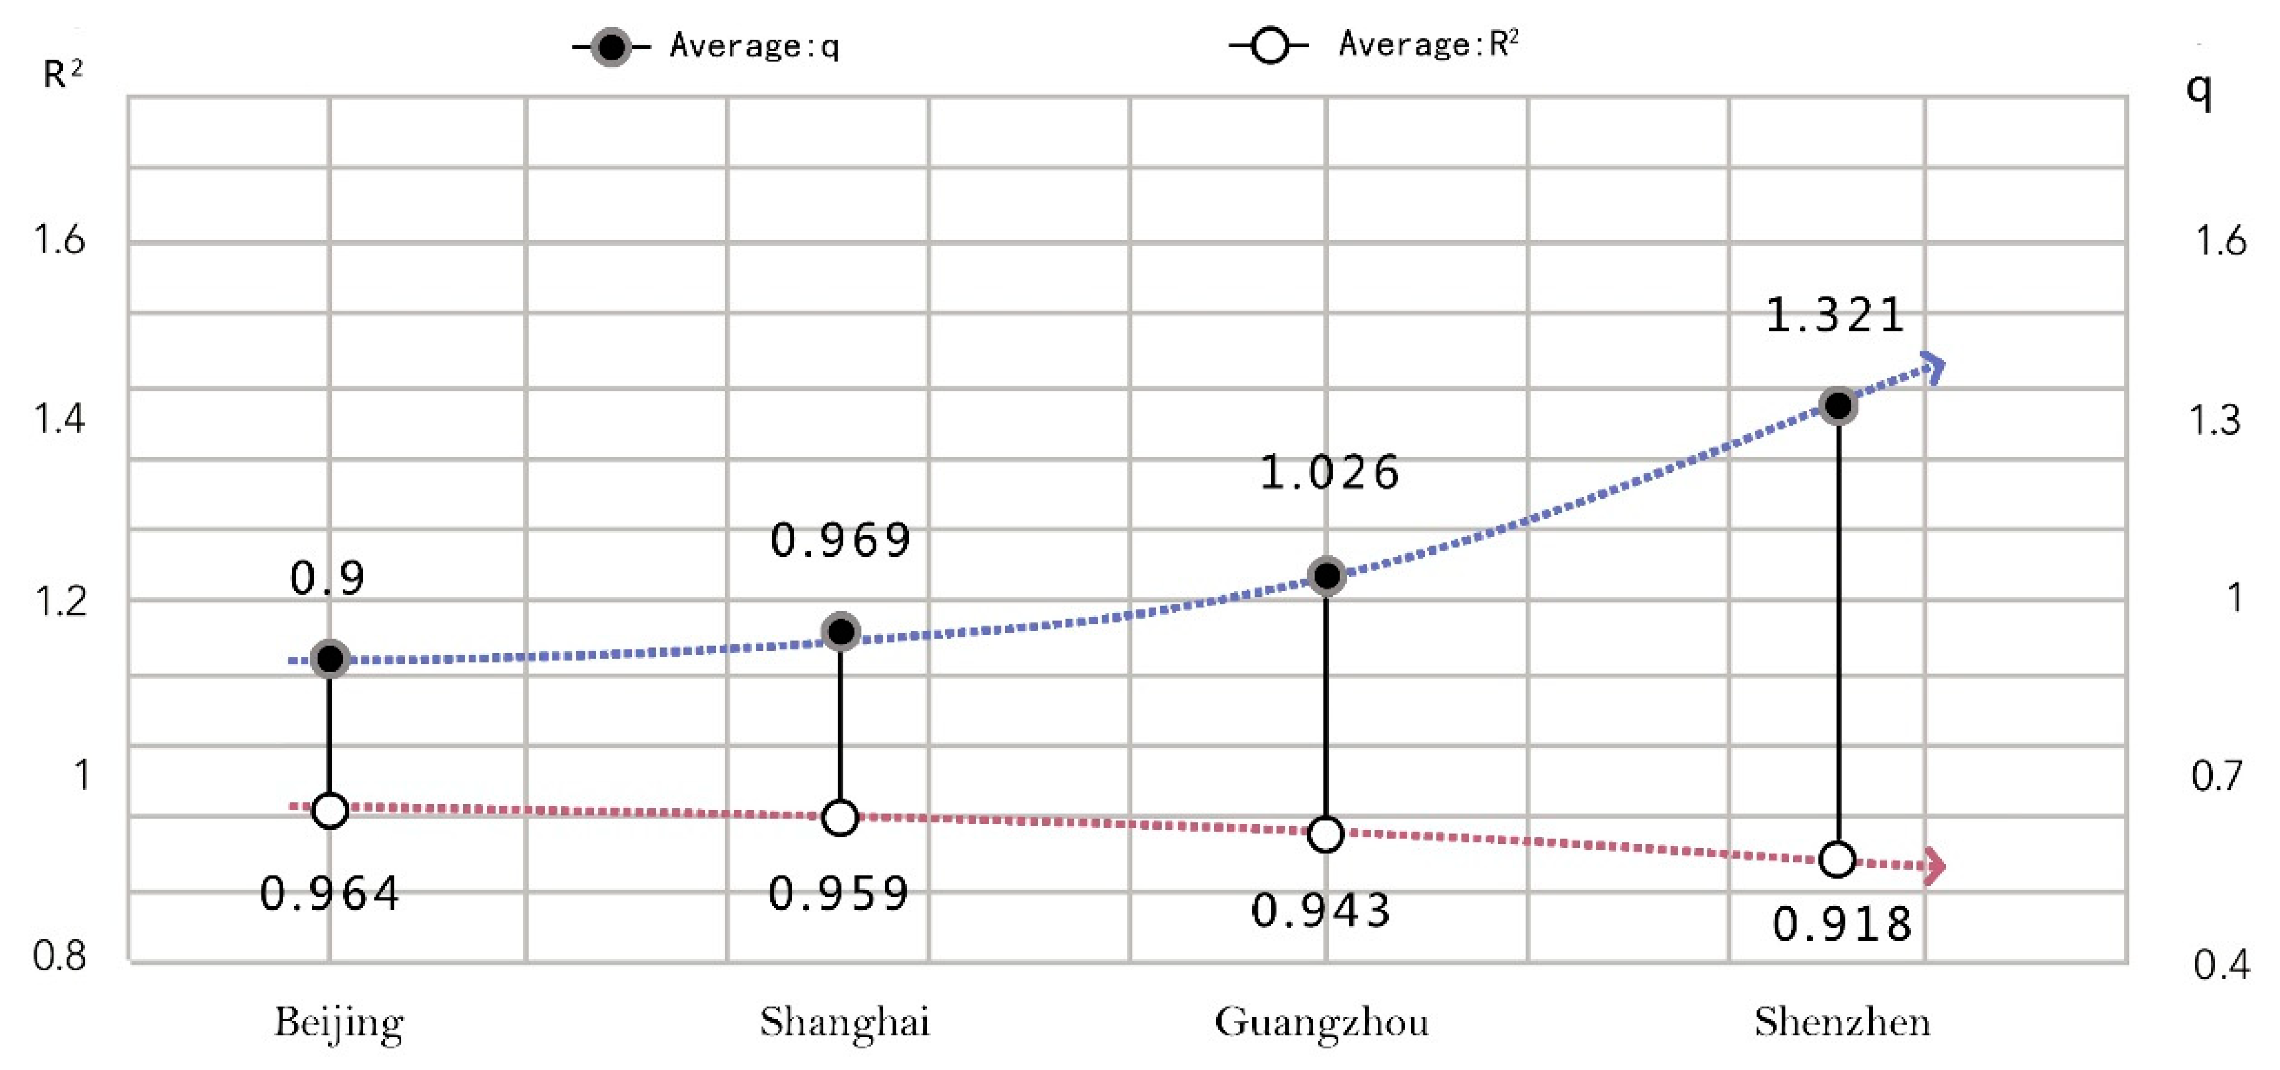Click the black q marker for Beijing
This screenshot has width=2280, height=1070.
click(x=330, y=658)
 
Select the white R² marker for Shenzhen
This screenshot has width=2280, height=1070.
click(x=1837, y=859)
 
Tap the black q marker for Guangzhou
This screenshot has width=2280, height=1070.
click(x=1326, y=576)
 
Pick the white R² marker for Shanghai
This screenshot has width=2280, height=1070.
click(x=840, y=817)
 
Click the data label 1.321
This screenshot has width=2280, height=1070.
click(x=1835, y=316)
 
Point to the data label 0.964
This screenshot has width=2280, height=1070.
click(x=329, y=894)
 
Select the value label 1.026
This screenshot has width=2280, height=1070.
click(x=1329, y=473)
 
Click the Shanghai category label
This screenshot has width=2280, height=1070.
click(x=845, y=1022)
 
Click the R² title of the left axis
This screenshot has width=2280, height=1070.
click(x=62, y=73)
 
